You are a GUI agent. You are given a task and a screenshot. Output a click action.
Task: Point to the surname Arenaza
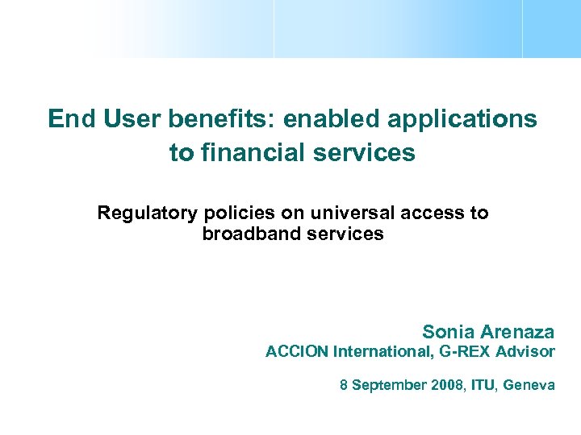click(517, 332)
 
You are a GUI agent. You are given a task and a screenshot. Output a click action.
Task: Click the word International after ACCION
click(373, 352)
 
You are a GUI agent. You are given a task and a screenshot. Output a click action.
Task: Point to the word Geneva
click(529, 386)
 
